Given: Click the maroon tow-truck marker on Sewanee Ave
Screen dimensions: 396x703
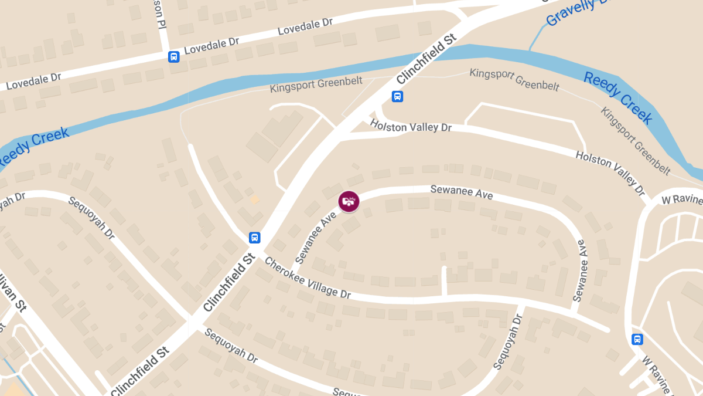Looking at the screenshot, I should coord(349,201).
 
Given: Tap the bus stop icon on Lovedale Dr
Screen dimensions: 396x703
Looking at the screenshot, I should coord(173,56).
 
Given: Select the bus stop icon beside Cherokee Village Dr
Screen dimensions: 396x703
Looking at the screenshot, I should coord(254,238).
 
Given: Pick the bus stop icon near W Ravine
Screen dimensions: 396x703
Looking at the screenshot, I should coord(637,339).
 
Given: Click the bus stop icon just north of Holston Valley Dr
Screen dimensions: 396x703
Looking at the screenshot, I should coord(397,96).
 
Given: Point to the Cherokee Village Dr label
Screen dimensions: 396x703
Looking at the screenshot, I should coord(308,277).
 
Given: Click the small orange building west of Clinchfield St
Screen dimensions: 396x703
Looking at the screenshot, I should coord(254,199).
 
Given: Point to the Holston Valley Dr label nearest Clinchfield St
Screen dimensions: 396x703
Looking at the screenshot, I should coord(411,126).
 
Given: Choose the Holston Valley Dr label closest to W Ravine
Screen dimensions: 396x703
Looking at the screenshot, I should coord(610,173).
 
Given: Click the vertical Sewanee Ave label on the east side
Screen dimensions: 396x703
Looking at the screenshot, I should coord(580,270).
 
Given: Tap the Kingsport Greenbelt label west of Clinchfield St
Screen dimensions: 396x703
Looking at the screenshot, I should coord(316,86).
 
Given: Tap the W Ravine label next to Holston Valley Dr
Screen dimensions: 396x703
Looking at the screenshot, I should coord(681,200).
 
